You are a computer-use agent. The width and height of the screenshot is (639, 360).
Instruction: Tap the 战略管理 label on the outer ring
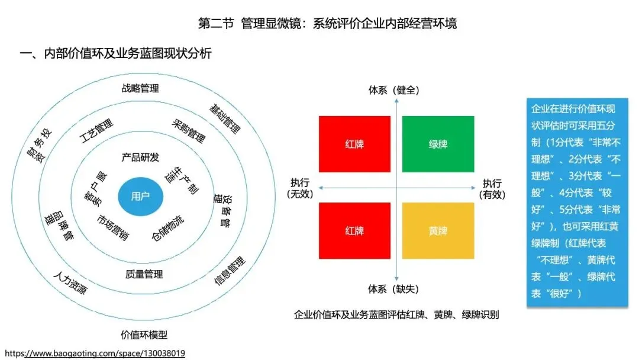coord(140,88)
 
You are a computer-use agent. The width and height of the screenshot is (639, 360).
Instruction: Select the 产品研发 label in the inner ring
coord(140,157)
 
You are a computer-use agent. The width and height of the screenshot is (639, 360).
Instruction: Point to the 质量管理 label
coord(144,274)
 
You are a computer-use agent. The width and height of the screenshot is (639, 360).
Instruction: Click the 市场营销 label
coord(113,226)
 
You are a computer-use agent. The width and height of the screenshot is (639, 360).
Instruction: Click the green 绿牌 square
coord(438,144)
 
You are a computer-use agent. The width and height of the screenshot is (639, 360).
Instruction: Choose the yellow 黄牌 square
coord(438,231)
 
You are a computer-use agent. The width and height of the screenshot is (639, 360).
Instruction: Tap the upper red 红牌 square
coord(354,144)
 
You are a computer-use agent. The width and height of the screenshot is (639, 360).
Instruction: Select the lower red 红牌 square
coord(354,231)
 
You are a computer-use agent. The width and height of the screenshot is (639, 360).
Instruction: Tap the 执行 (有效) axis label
coord(492,188)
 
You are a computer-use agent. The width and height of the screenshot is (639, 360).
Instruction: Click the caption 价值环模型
coord(144,335)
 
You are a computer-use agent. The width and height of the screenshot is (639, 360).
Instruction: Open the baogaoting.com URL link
coord(95,353)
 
